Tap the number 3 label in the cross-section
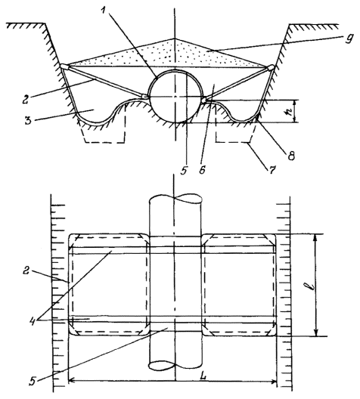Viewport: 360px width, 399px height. coord(28,120)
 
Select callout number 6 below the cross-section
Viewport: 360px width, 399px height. coord(202,170)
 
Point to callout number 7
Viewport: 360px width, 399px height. coord(272,169)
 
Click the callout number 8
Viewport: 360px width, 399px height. coord(290,155)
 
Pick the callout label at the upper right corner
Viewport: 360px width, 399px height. coord(349,39)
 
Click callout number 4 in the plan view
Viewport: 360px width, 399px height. coord(33,319)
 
